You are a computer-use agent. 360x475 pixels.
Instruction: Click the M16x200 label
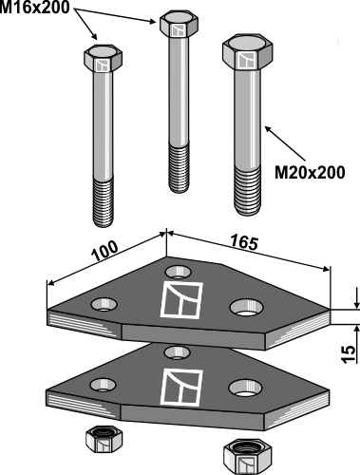pyautogui.click(x=34, y=8)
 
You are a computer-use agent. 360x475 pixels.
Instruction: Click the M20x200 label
pyautogui.click(x=310, y=173)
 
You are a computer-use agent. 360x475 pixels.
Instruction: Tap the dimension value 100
pyautogui.click(x=104, y=251)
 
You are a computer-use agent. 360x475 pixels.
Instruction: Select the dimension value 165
pyautogui.click(x=244, y=243)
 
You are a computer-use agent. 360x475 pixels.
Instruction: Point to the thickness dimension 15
pyautogui.click(x=349, y=354)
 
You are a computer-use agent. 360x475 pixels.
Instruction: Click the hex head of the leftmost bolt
pyautogui.click(x=103, y=59)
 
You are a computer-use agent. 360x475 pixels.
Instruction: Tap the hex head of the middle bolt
pyautogui.click(x=179, y=24)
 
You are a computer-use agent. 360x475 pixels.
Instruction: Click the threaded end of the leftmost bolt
pyautogui.click(x=104, y=202)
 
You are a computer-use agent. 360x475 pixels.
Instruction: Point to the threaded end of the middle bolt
pyautogui.click(x=180, y=168)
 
